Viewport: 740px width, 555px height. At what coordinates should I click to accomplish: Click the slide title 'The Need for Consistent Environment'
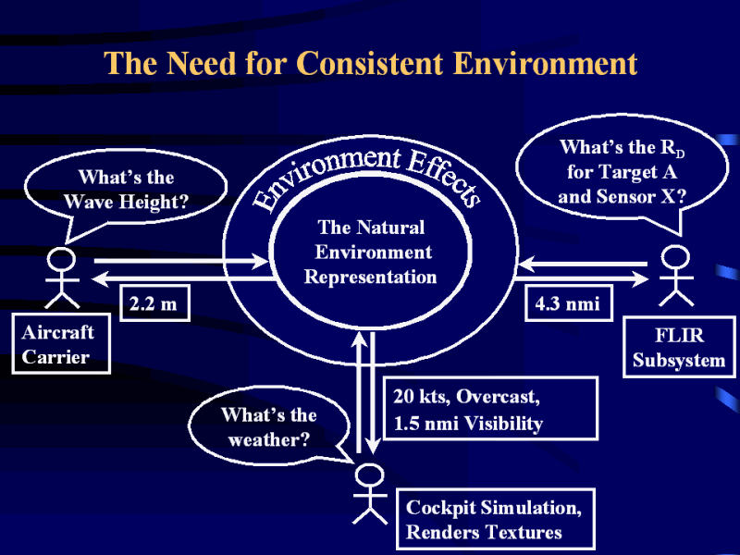click(x=370, y=64)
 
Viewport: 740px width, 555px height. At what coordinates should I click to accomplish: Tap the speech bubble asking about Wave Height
click(x=125, y=188)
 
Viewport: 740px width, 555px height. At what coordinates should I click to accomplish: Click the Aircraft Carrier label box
click(x=60, y=344)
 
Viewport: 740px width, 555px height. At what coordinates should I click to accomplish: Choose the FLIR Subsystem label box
click(x=678, y=346)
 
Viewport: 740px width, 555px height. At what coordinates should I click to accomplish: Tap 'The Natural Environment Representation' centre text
click(x=373, y=252)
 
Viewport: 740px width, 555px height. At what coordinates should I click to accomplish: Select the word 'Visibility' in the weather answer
click(x=504, y=424)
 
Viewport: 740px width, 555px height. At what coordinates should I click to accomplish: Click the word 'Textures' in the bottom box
click(x=521, y=532)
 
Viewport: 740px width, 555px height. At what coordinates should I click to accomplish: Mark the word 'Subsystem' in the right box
click(x=678, y=360)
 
